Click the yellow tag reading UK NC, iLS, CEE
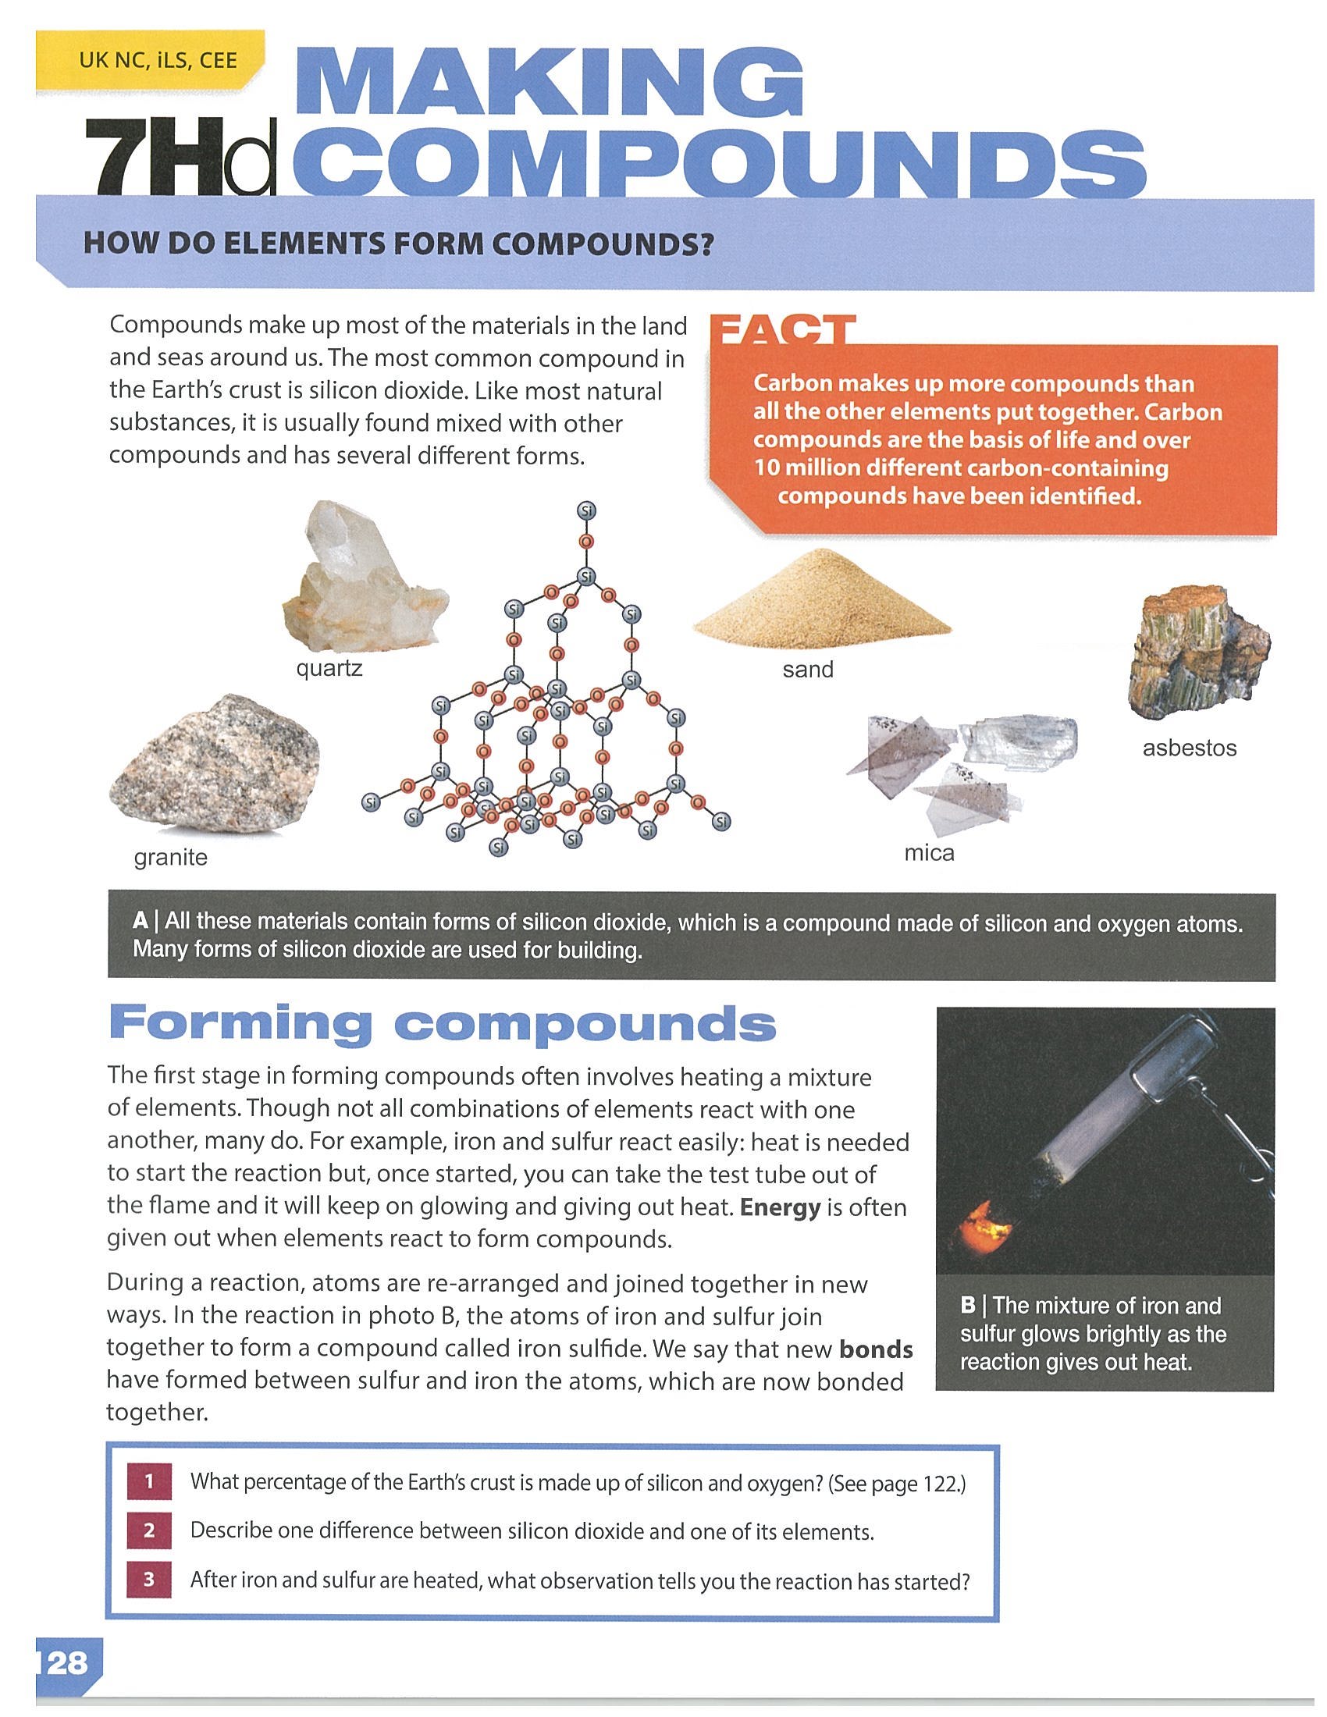click(149, 60)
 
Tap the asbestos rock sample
click(1197, 652)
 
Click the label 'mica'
click(929, 853)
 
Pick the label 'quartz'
click(329, 669)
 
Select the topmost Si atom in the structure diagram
click(586, 511)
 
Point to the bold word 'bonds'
click(876, 1349)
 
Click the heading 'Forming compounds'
click(443, 1024)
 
